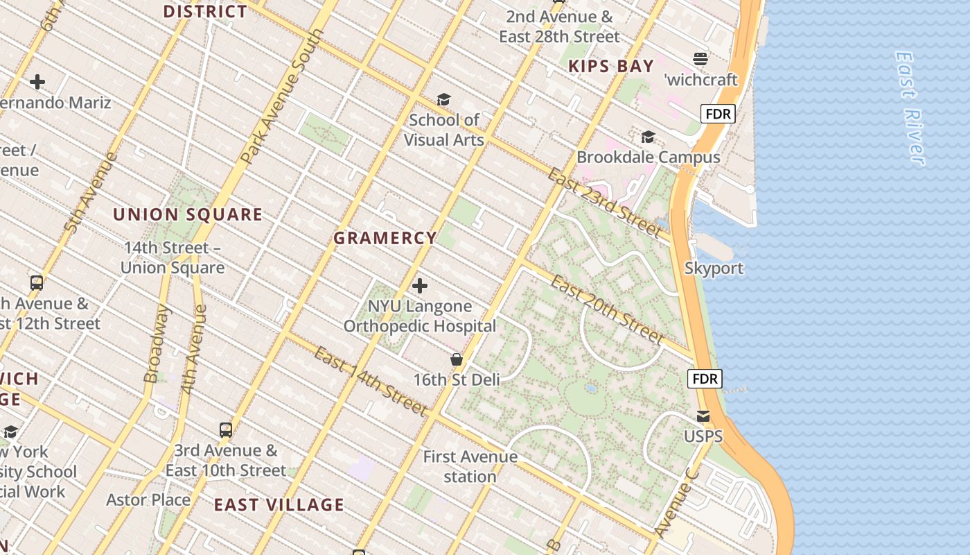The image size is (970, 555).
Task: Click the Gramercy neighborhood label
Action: pyautogui.click(x=385, y=238)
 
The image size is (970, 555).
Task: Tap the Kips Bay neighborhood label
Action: pyautogui.click(x=611, y=66)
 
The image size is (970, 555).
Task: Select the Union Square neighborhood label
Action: pyautogui.click(x=188, y=214)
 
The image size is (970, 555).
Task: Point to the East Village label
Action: pyautogui.click(x=279, y=504)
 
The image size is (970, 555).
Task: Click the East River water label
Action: pyautogui.click(x=910, y=108)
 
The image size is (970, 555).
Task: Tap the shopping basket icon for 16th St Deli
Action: pyautogui.click(x=457, y=359)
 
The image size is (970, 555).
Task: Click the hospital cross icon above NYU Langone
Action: pyautogui.click(x=420, y=285)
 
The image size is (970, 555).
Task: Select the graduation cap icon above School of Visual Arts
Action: pyautogui.click(x=443, y=100)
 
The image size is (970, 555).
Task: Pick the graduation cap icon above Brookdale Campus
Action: pyautogui.click(x=648, y=137)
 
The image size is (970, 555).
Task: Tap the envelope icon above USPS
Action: pyautogui.click(x=703, y=416)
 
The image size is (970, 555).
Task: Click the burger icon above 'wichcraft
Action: pyautogui.click(x=701, y=58)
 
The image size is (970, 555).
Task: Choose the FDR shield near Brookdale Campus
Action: pyautogui.click(x=717, y=114)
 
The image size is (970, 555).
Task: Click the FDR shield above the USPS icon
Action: pyautogui.click(x=705, y=379)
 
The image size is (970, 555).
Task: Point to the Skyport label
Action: pyautogui.click(x=714, y=268)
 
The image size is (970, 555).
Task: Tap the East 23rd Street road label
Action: pyautogui.click(x=603, y=202)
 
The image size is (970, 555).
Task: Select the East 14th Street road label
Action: pyautogui.click(x=370, y=382)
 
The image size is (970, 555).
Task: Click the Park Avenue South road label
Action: pyautogui.click(x=283, y=97)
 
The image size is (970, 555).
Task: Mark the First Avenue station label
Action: pyautogui.click(x=470, y=466)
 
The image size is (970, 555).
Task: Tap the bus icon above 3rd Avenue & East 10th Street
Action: pyautogui.click(x=226, y=429)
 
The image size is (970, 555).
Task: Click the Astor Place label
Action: pyautogui.click(x=148, y=499)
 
